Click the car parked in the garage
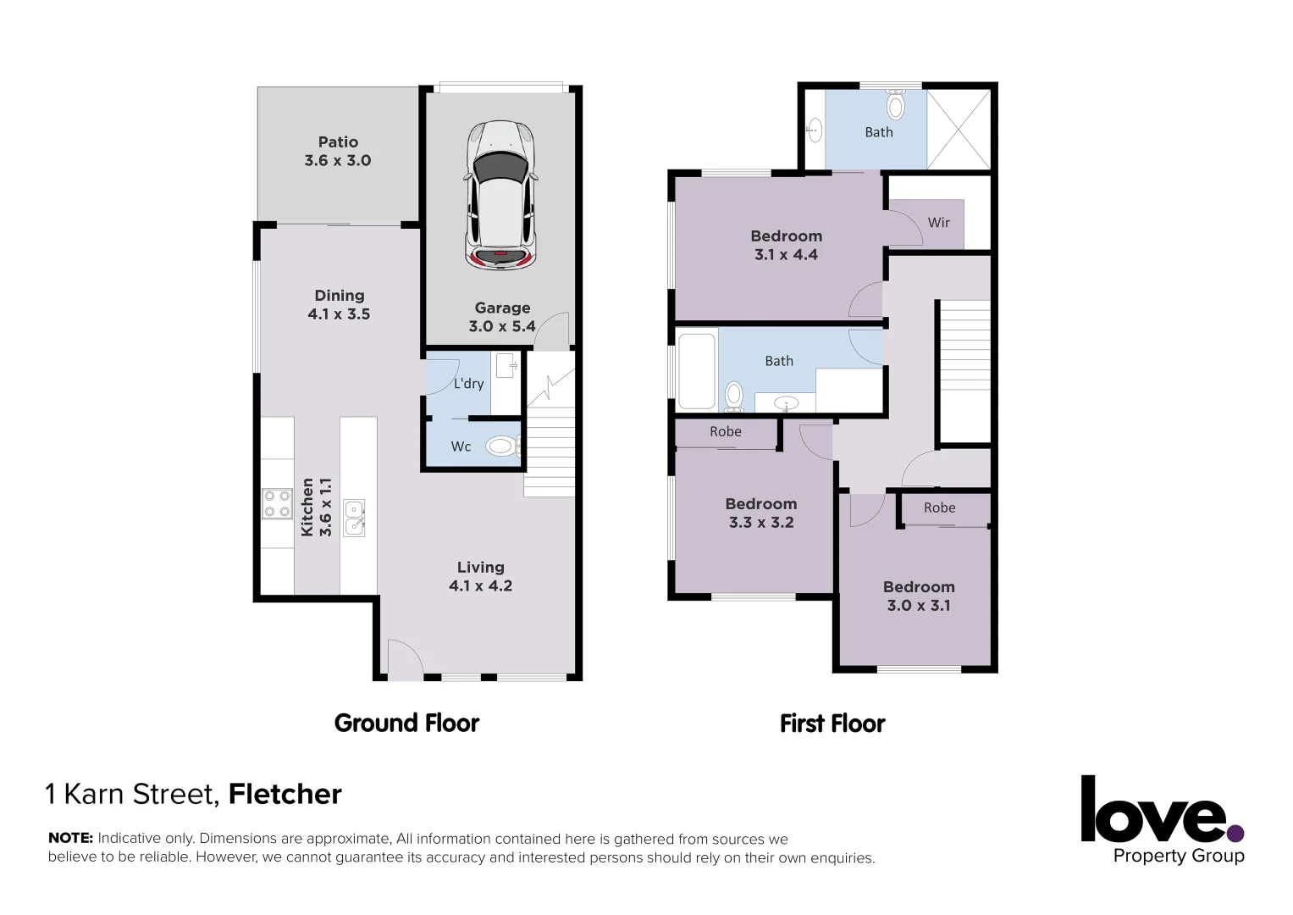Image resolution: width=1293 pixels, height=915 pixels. [x=500, y=196]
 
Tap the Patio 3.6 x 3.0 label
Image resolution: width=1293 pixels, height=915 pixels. [x=338, y=152]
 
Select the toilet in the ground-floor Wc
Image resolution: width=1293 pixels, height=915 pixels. [x=500, y=446]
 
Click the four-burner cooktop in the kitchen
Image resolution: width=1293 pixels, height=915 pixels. [x=278, y=503]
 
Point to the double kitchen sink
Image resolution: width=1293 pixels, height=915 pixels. [x=354, y=518]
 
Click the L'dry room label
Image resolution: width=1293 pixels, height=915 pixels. [x=468, y=384]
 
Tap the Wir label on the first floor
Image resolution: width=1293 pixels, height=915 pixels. [x=938, y=223]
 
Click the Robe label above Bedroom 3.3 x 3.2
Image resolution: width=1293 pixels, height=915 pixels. [x=726, y=432]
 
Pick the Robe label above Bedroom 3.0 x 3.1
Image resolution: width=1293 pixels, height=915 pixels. [x=939, y=508]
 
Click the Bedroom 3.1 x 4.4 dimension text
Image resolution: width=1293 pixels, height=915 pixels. [x=786, y=255]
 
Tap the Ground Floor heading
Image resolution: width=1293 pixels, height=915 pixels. [x=406, y=723]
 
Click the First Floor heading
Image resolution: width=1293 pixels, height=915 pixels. [x=832, y=724]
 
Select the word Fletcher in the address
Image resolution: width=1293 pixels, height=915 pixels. [x=285, y=794]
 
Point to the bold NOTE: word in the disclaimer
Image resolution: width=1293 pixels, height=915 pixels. [x=70, y=838]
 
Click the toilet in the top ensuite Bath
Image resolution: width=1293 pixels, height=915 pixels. [x=895, y=106]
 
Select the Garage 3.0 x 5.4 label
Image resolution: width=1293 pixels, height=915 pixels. [x=502, y=318]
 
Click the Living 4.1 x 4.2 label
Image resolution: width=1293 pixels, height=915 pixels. [x=480, y=577]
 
